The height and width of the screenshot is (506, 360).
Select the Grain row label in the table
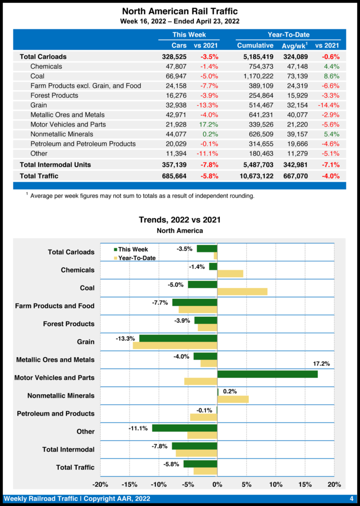[39, 105]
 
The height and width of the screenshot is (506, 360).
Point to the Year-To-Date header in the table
[288, 35]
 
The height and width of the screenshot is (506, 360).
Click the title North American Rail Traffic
[180, 11]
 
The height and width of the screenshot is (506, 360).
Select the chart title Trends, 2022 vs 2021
[180, 219]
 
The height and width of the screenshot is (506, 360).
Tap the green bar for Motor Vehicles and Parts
[267, 374]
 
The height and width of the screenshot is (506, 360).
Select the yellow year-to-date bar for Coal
[242, 292]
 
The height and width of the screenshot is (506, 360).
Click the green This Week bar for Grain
[178, 338]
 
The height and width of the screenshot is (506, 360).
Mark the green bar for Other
[184, 428]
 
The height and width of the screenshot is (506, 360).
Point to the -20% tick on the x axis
[100, 484]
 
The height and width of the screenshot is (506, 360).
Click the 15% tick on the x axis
[305, 484]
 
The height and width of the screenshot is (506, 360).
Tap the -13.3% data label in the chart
[125, 339]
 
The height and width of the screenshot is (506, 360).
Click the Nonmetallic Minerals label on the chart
[61, 396]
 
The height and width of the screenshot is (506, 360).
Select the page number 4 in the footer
[351, 499]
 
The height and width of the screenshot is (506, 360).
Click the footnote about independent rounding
[142, 196]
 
